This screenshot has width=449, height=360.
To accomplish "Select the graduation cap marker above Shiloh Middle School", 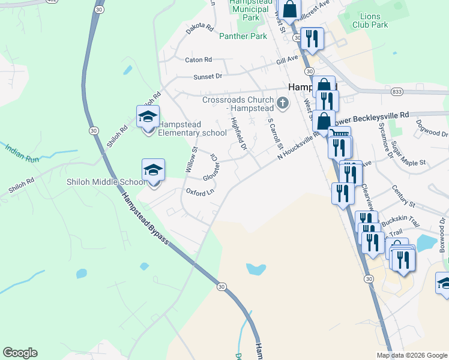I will pos(153,171).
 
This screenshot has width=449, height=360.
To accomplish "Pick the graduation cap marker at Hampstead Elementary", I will pos(148,118).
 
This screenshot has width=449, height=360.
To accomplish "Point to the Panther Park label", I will pos(243,37).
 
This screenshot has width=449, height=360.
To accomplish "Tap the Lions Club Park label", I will pos(371,20).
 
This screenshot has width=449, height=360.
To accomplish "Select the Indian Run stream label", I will pos(22,152).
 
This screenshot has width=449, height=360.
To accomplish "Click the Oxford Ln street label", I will pos(200,193).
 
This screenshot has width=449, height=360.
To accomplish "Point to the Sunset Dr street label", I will pos(208,77).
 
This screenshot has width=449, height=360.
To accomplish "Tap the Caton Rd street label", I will pos(199,60).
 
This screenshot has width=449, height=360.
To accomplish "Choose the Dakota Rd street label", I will pos(200,29).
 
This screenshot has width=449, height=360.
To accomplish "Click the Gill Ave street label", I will pos(287,60).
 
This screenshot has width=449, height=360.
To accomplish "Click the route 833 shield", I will pos(396,92).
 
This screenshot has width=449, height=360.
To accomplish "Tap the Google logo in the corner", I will pos(20,353).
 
